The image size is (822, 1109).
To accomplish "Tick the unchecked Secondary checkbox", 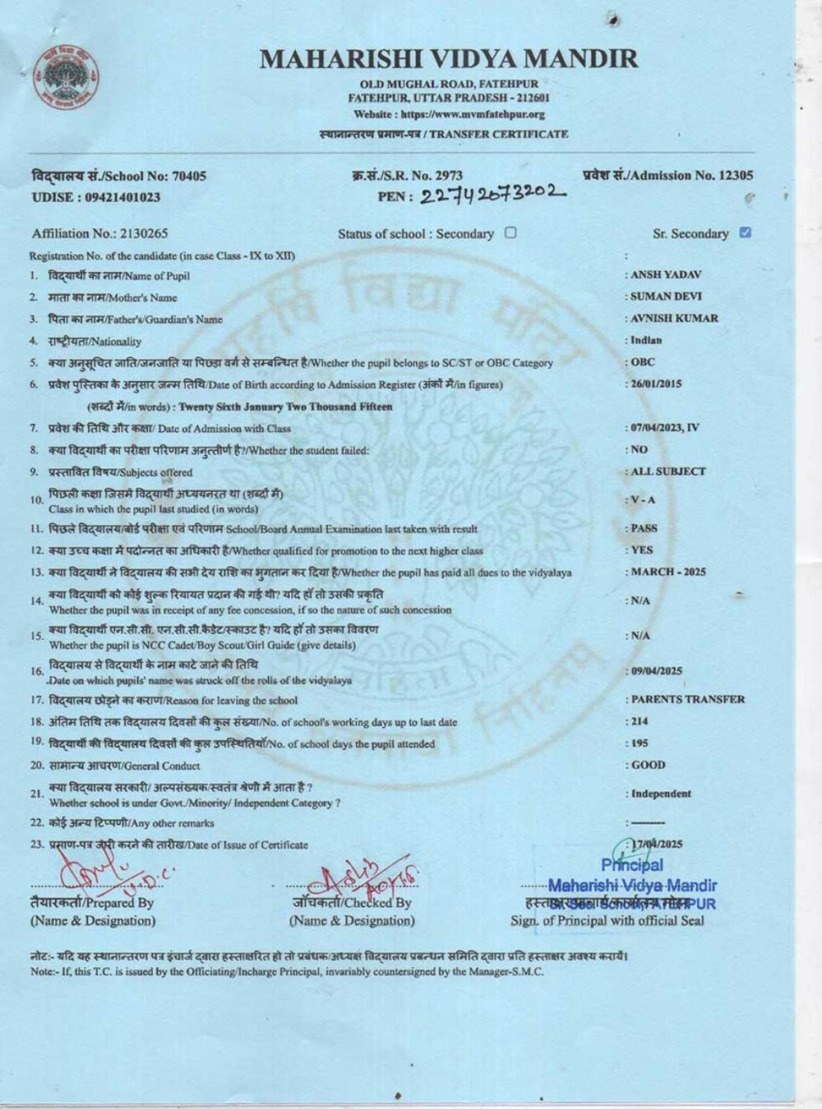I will tap(510, 232).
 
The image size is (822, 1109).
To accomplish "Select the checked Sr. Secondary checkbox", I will tap(745, 232).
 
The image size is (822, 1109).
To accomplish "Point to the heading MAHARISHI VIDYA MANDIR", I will tap(449, 59).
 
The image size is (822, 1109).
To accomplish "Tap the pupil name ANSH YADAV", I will tap(666, 275).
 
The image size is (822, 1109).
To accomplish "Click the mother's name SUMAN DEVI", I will tap(666, 297).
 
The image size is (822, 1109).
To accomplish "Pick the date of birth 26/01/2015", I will tap(656, 384).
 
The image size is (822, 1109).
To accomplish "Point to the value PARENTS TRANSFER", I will tap(687, 699).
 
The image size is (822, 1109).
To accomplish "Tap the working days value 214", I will tap(640, 721).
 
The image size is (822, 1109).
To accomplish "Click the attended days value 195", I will tap(640, 743).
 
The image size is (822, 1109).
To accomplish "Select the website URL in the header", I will tap(449, 114).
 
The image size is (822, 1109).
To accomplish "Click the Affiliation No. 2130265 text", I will tap(99, 233).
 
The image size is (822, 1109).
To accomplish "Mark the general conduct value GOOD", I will tap(648, 765).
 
